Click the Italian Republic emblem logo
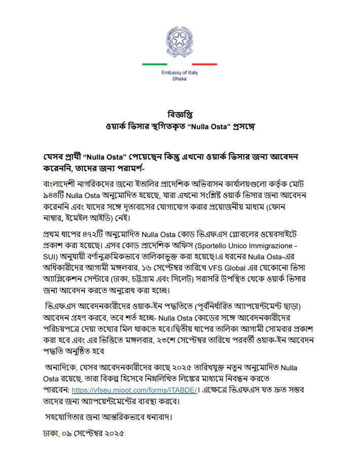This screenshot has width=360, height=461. coord(180,41)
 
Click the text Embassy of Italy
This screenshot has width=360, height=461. coord(179,73)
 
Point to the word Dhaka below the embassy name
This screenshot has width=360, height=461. coord(179,80)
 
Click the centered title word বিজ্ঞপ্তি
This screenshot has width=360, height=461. coord(179,113)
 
